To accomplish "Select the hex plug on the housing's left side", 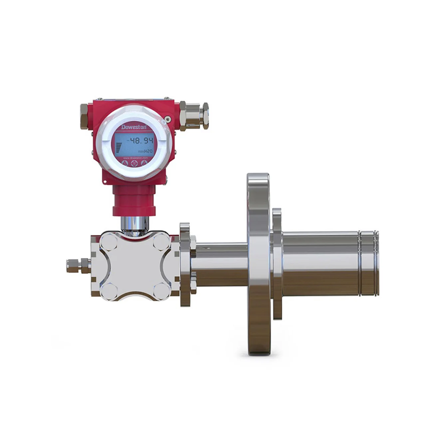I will pyautogui.click(x=85, y=116).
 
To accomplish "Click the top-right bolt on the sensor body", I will pyautogui.click(x=161, y=241).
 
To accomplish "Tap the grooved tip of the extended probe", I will pyautogui.click(x=369, y=263).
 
